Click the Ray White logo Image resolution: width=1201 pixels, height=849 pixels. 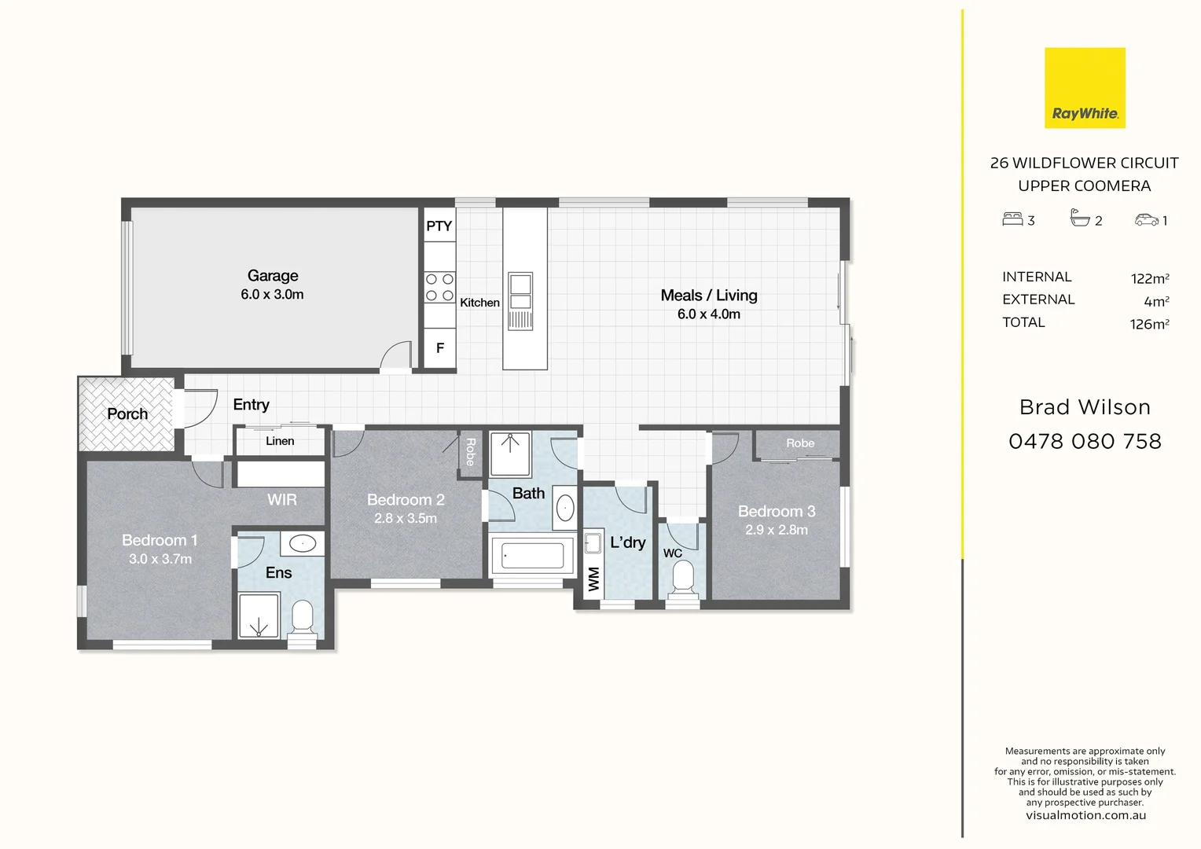1085,88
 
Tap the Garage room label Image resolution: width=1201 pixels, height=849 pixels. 273,276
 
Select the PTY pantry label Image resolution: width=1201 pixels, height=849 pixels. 439,226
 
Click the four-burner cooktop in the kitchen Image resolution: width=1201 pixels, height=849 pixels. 439,287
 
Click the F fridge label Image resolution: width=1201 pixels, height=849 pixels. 440,347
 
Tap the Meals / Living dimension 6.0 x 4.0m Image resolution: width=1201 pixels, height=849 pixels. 708,314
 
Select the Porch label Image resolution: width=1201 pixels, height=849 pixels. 127,414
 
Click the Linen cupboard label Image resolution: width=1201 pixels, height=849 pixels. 280,441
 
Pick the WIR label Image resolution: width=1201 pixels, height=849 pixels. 281,500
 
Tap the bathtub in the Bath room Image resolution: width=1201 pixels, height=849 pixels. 533,556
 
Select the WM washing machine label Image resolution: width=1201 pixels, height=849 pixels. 593,579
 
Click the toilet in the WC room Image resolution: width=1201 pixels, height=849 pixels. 682,579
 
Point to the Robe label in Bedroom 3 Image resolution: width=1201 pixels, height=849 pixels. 800,443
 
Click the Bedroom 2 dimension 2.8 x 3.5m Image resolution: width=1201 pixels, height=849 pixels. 406,519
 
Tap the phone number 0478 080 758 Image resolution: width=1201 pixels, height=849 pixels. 1085,442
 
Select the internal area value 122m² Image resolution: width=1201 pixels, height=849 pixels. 1149,278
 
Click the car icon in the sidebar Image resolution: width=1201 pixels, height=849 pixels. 1146,220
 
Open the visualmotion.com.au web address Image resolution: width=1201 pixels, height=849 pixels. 1085,815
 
